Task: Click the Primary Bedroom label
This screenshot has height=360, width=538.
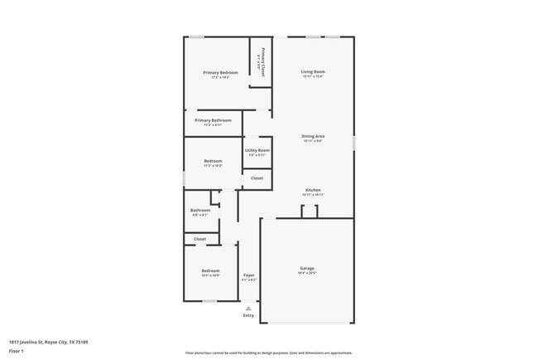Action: click(x=220, y=73)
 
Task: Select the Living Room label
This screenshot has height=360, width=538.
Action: click(x=313, y=72)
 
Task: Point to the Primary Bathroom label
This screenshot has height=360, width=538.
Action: click(x=213, y=120)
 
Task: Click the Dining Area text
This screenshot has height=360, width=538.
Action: click(x=313, y=136)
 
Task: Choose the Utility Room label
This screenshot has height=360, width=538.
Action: click(x=257, y=150)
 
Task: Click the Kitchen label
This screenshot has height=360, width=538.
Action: click(x=313, y=190)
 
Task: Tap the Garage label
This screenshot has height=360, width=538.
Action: click(x=307, y=268)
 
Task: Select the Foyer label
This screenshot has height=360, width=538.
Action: click(x=248, y=275)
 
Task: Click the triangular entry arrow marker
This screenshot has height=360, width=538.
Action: click(x=248, y=308)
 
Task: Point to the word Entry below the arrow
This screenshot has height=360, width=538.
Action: click(x=248, y=315)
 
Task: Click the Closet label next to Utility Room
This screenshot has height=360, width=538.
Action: click(x=257, y=178)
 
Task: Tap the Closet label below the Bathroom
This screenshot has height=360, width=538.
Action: click(x=200, y=239)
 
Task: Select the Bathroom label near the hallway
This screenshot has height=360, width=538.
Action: click(x=200, y=210)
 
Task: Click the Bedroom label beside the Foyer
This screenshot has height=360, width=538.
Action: click(x=210, y=271)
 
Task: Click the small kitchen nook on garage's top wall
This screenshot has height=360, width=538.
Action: click(x=309, y=212)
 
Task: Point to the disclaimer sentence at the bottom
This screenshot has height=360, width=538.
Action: click(x=269, y=353)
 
